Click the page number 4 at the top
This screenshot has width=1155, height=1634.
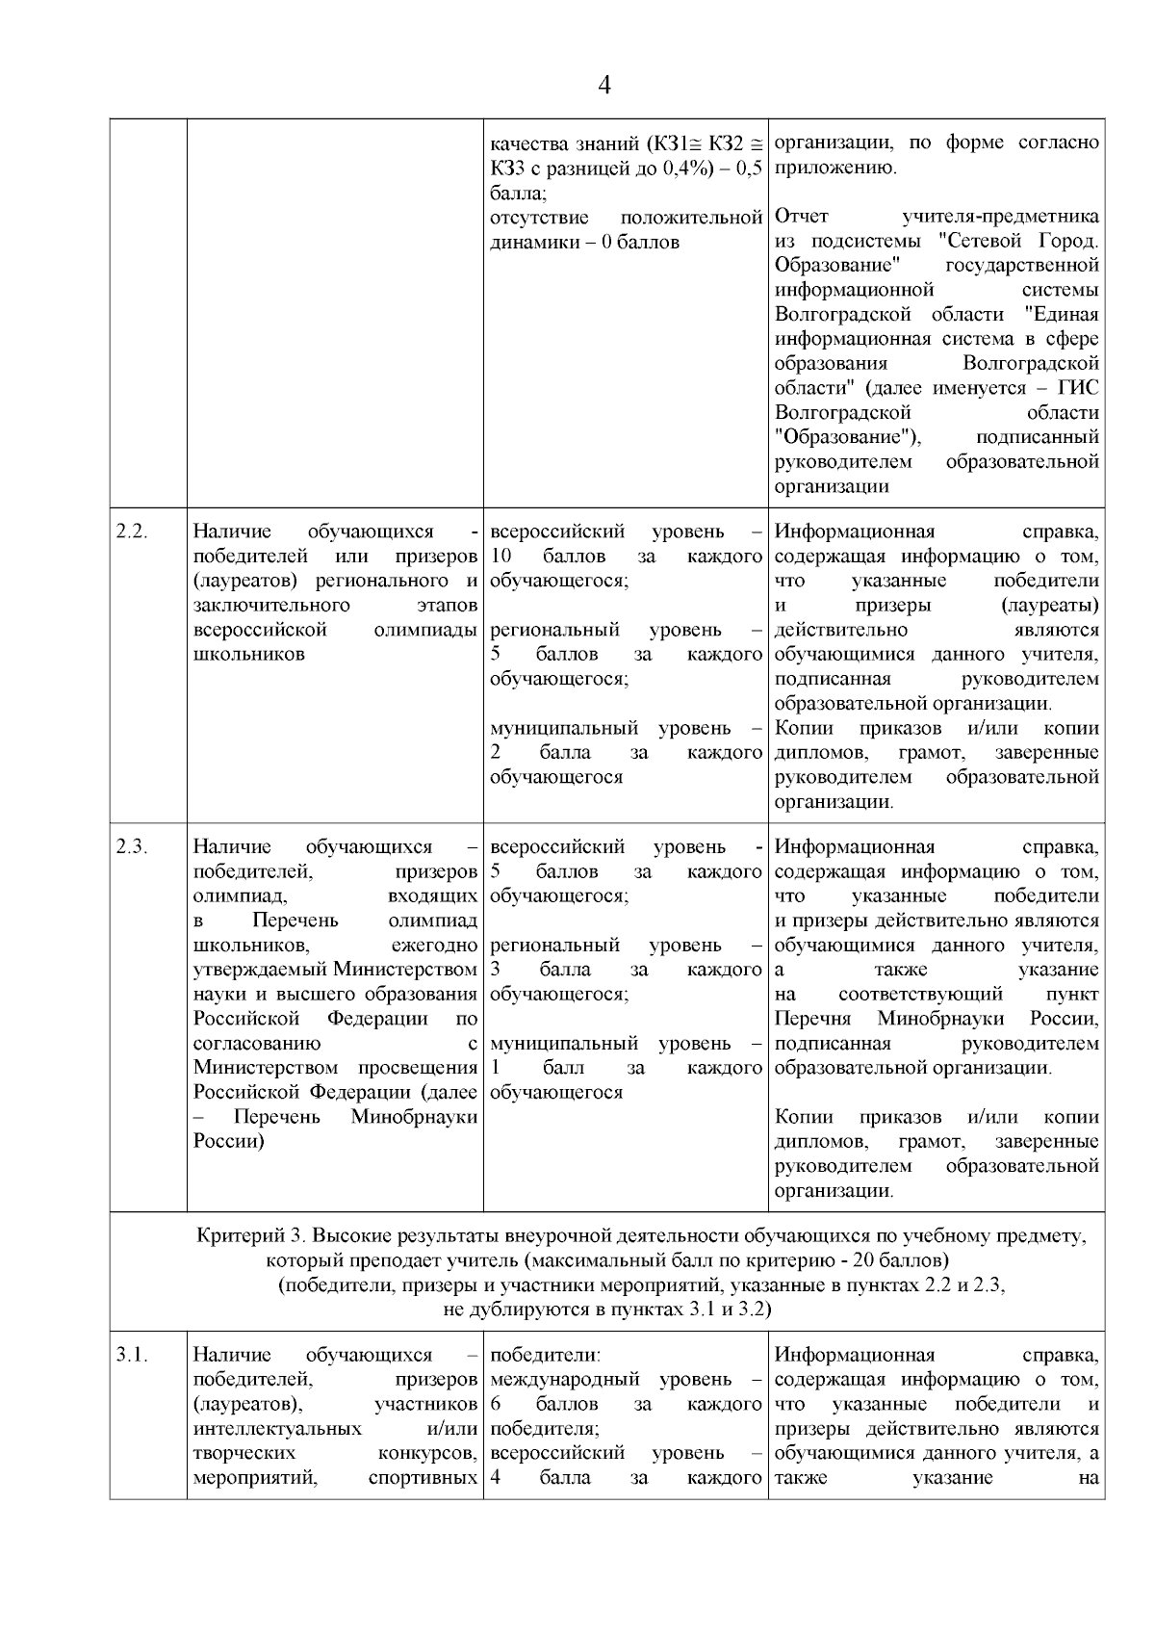[x=603, y=86]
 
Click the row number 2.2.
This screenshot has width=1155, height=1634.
[x=131, y=532]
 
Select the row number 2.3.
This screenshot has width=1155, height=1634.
[x=131, y=847]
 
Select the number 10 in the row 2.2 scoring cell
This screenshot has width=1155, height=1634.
[x=500, y=557]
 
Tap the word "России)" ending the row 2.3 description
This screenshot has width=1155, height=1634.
[x=229, y=1142]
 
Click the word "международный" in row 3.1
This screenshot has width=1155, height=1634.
[x=560, y=1380]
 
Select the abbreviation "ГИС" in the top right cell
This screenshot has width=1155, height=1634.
[x=1079, y=388]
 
